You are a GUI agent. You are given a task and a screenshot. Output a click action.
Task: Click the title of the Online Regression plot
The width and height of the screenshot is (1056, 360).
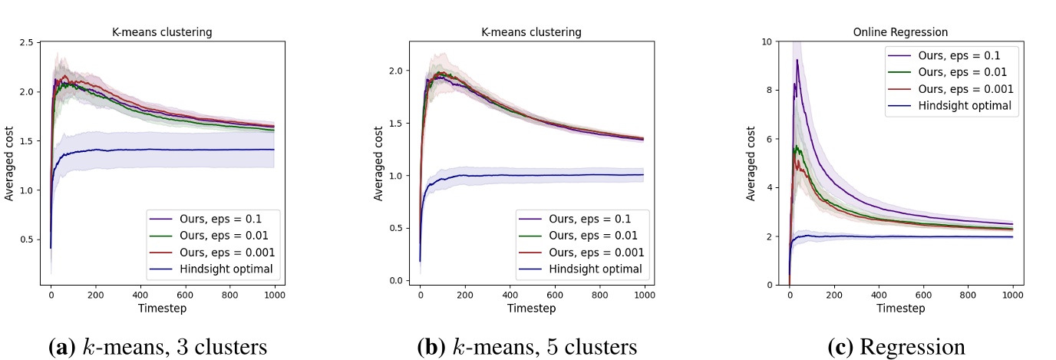(900, 32)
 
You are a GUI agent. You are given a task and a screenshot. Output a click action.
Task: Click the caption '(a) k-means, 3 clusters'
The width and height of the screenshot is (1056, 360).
(157, 347)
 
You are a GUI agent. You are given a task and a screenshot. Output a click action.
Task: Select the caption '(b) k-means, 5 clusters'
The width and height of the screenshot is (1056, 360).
(526, 347)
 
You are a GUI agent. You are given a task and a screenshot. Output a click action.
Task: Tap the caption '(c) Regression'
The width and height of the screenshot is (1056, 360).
(896, 347)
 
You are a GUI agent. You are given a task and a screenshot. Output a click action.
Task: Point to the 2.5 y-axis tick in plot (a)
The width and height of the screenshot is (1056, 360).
(27, 42)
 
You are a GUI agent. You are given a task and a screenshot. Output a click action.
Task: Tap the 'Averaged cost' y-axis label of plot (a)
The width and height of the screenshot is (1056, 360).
(9, 165)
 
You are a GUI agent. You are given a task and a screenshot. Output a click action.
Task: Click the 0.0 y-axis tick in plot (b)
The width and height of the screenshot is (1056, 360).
(396, 280)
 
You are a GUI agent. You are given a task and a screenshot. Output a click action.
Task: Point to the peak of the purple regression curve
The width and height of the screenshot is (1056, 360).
(797, 60)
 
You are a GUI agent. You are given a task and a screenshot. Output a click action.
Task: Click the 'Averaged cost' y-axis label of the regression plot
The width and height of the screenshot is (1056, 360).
(752, 165)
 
